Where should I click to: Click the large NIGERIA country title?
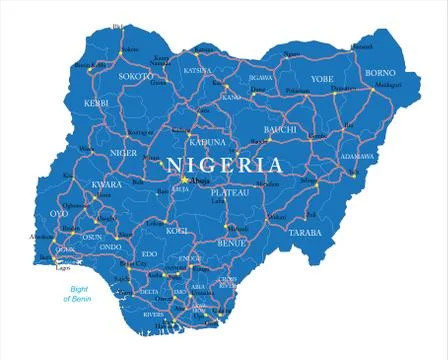(224, 165)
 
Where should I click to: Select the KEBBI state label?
(95, 104)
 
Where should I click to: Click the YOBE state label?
(321, 78)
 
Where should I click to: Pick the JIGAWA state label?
(261, 76)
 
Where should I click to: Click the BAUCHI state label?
(280, 129)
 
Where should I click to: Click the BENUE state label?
(231, 242)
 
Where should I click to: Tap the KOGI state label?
(178, 230)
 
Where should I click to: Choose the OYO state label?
(59, 213)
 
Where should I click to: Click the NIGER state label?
(123, 153)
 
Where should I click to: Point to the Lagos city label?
(63, 268)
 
